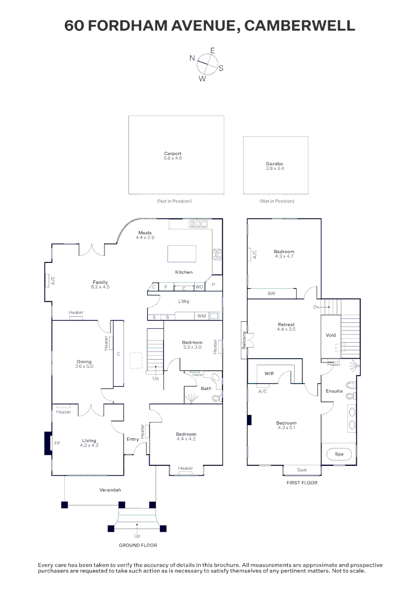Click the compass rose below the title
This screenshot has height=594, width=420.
207,64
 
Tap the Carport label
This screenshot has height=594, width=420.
173,154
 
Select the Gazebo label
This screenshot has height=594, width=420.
274,164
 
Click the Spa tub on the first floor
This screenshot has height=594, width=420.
339,454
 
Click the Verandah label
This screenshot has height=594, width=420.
110,490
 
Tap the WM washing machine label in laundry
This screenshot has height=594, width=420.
201,316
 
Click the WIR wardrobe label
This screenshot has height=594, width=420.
269,373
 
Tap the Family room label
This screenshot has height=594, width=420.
100,282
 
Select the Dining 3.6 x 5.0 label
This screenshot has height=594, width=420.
84,362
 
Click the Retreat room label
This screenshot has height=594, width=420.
286,324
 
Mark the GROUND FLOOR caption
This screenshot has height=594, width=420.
138,545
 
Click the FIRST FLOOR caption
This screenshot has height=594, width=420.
302,483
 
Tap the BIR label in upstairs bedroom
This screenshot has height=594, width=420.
271,294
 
